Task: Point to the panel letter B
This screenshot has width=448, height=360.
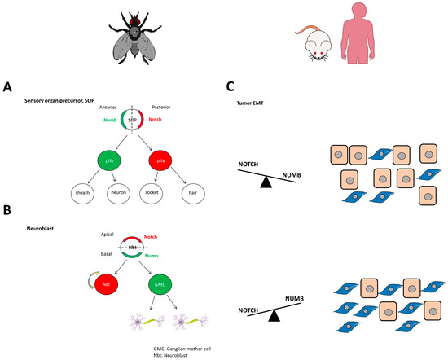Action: click(x=7, y=211)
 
